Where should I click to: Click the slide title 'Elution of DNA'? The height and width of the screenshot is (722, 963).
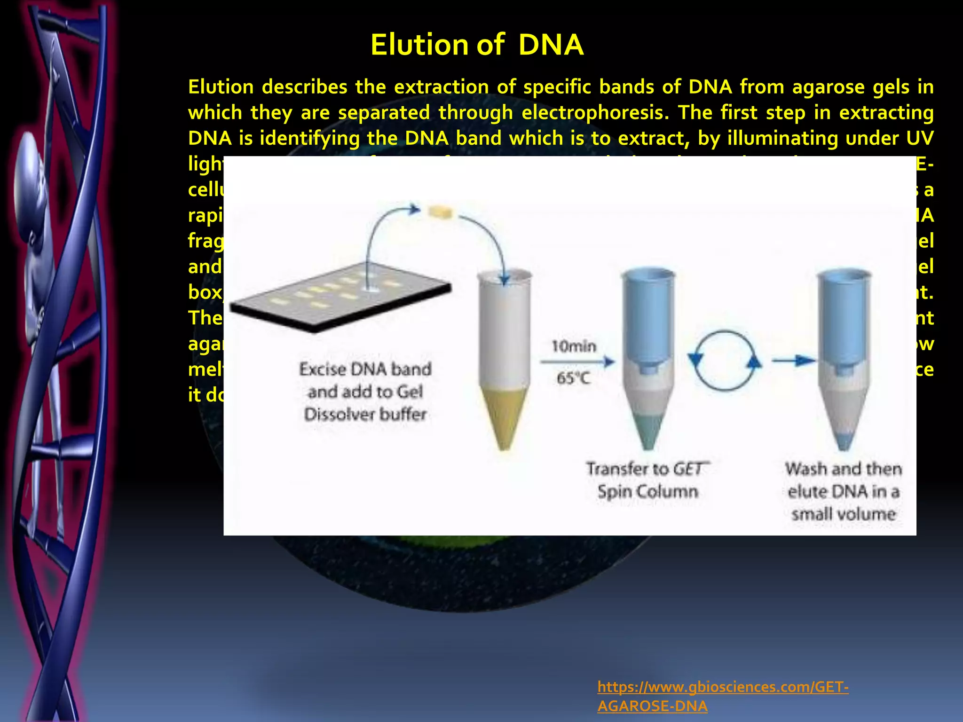coord(477,45)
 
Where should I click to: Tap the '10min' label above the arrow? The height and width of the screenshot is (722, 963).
coord(573,347)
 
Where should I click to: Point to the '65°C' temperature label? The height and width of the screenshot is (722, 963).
coord(573,378)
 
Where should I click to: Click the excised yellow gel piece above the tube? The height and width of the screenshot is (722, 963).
coord(440,212)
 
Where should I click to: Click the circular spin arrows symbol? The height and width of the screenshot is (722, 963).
coord(725,361)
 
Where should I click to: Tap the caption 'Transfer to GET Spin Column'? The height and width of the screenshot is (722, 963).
coord(647,480)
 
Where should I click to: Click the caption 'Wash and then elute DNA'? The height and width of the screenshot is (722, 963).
coord(844,491)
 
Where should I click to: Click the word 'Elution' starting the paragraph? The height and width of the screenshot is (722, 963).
coord(221,87)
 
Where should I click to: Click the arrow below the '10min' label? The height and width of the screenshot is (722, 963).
coord(577,362)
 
